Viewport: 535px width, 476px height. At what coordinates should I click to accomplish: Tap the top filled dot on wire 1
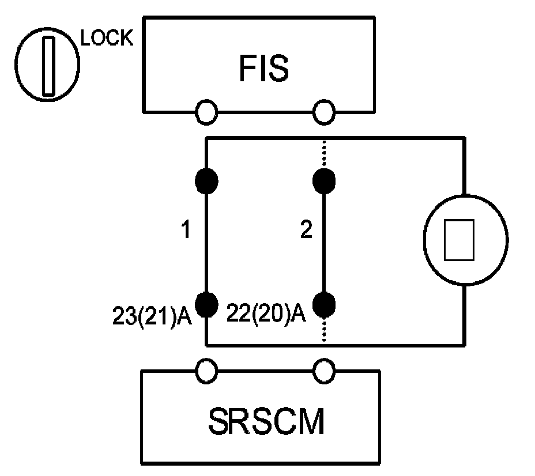[x=206, y=181]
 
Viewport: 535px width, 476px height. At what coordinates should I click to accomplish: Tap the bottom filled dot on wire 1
[x=206, y=302]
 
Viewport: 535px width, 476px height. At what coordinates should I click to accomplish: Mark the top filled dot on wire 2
[x=323, y=181]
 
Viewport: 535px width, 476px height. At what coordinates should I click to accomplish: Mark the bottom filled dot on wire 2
[x=323, y=302]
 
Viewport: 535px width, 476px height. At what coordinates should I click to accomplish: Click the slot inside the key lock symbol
[x=47, y=65]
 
